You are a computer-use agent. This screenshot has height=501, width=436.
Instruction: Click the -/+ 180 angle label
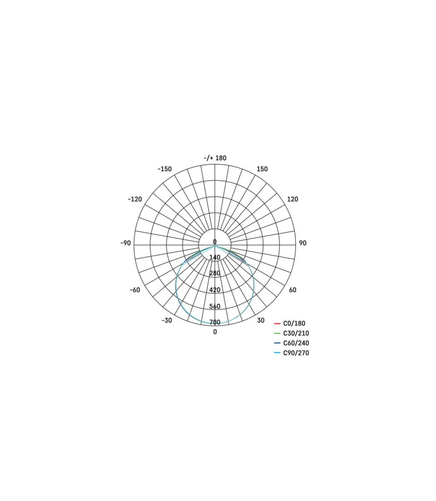click(x=215, y=158)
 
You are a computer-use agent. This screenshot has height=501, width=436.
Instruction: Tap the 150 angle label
click(x=262, y=169)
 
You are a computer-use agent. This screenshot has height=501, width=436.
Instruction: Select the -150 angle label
click(x=165, y=169)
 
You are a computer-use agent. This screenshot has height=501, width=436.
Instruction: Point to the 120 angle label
click(x=292, y=199)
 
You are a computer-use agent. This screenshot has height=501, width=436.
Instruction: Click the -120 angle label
click(x=135, y=199)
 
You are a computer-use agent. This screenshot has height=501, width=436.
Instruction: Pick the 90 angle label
click(x=302, y=243)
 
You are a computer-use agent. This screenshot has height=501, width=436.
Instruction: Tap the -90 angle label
click(x=126, y=243)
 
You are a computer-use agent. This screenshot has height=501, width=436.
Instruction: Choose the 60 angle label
click(x=292, y=290)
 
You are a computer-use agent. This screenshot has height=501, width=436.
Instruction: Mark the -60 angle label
click(x=135, y=290)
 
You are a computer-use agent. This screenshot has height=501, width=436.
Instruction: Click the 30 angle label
click(x=261, y=320)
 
